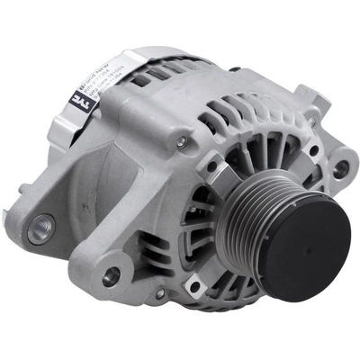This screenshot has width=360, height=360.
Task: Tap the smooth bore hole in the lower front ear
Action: pos(112,277)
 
